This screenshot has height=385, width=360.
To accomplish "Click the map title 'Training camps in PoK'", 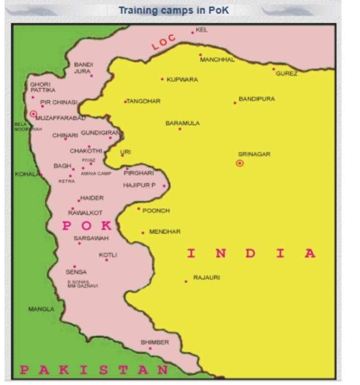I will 173,10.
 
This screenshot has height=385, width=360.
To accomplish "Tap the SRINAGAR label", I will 254,154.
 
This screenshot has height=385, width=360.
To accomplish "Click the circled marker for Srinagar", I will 240,163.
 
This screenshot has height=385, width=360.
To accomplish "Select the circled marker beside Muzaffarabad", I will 33,114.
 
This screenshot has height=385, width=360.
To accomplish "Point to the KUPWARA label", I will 182,80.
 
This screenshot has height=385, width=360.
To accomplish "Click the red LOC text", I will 163,42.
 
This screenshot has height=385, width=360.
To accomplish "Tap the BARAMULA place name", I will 182,123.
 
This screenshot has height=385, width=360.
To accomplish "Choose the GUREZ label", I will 286,74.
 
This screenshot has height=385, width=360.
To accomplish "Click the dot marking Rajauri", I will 186,281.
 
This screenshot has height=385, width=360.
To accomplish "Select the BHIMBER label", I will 155,342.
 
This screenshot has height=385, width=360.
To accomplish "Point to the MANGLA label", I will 41,310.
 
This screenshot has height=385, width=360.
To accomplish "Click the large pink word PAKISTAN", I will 94,370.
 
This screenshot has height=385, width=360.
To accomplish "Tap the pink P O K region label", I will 88,226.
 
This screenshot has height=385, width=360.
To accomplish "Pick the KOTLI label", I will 108,255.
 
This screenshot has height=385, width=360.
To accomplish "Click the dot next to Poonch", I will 139,209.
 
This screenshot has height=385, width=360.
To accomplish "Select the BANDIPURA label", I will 256,99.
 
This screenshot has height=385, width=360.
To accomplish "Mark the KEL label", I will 202,30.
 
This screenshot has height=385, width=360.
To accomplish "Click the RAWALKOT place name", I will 85,213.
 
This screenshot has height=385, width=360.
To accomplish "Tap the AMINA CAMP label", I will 96,174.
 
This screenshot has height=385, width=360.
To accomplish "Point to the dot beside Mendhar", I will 143,233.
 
